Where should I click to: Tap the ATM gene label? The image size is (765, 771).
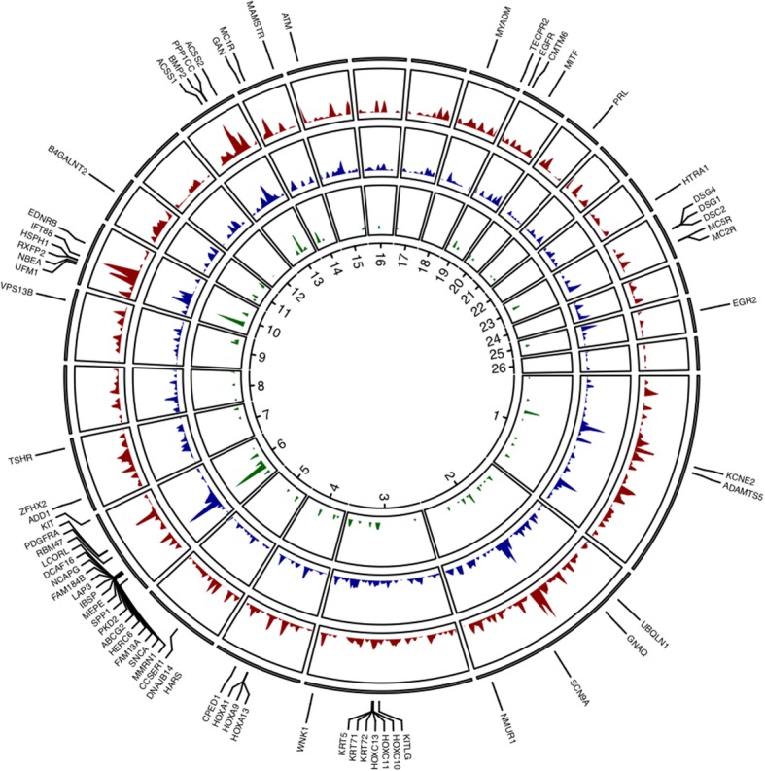point(288,21)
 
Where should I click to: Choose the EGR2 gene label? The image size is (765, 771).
point(747,302)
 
